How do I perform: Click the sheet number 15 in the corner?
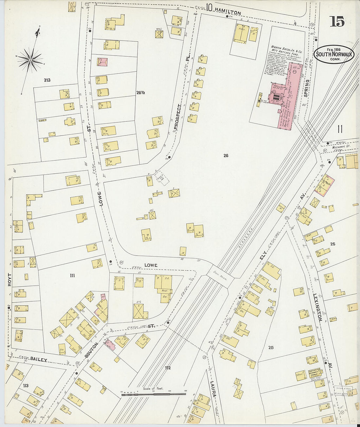point(337,22)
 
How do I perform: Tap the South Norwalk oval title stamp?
point(334,54)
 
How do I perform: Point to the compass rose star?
point(30,60)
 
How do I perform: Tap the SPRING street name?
point(306,88)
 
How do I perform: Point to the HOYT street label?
point(9,280)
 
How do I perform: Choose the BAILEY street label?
point(39,359)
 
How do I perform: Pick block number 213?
point(47,80)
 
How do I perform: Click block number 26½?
point(141,93)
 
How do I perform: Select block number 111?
point(72,276)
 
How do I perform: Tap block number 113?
point(26,385)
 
